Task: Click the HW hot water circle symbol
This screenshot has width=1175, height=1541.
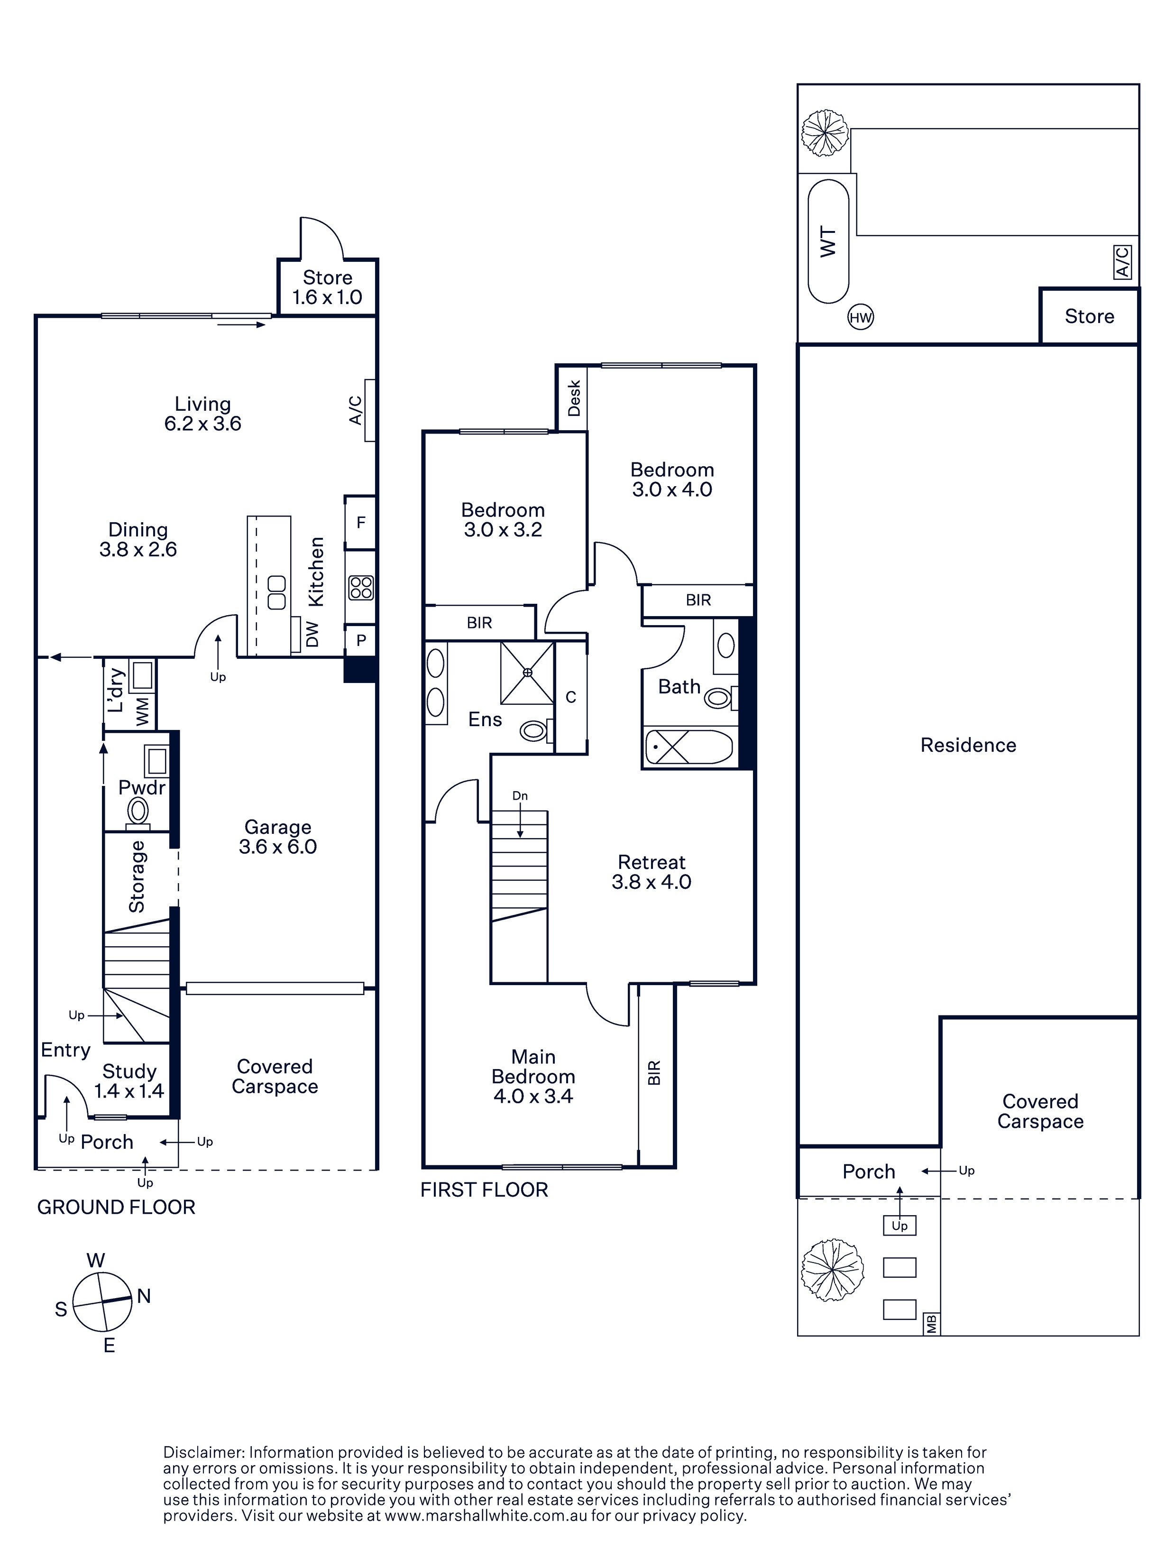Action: click(860, 318)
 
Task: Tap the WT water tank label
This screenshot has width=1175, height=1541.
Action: click(828, 242)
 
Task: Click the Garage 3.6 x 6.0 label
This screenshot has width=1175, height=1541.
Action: click(278, 837)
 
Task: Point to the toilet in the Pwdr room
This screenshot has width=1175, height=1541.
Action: click(138, 813)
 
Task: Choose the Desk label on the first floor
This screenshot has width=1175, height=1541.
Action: click(574, 397)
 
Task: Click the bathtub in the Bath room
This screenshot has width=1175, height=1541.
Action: click(688, 747)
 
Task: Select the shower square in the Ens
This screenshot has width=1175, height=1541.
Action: click(527, 672)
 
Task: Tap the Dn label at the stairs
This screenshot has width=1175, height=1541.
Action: click(520, 795)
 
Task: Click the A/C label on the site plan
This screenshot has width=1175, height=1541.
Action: click(1122, 262)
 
